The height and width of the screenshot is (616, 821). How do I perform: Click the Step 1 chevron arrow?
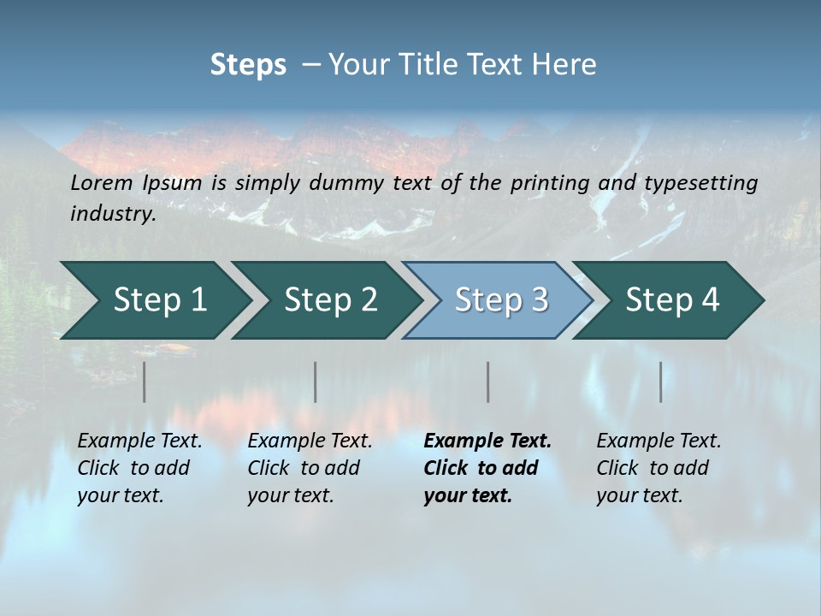tap(159, 299)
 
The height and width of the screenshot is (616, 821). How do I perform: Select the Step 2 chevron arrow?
tap(330, 299)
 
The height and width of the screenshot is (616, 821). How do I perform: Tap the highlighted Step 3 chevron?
tap(501, 299)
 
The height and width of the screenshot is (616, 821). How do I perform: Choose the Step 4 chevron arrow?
tap(672, 299)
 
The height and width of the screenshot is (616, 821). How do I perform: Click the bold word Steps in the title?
tap(248, 64)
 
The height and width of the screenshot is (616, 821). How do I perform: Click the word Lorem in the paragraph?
tap(101, 182)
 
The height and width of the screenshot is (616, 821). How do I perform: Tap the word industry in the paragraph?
tap(112, 213)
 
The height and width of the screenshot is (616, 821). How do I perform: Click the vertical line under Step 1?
tap(145, 382)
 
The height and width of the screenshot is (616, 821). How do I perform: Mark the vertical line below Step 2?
tap(316, 382)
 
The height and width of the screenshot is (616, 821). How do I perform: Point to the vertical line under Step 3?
tap(488, 382)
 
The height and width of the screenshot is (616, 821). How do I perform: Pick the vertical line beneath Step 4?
tap(661, 382)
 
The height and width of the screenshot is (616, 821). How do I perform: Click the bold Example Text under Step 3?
tap(487, 441)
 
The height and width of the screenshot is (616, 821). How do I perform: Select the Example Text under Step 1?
tap(139, 441)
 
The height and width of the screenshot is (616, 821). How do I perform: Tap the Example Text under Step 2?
tap(310, 441)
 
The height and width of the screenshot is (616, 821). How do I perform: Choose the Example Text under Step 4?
tap(659, 441)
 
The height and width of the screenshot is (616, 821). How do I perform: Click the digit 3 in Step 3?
tap(539, 299)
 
